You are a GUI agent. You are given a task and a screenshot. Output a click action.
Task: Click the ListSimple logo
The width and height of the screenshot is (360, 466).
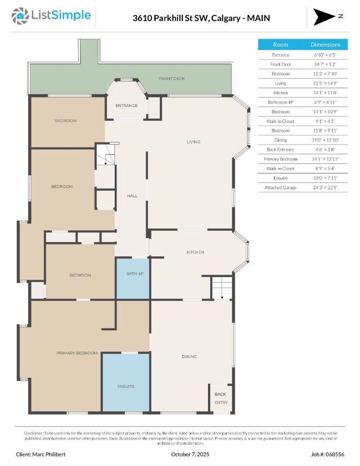(x=51, y=16)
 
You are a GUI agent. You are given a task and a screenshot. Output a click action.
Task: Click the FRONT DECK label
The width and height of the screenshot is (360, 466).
(x=171, y=79)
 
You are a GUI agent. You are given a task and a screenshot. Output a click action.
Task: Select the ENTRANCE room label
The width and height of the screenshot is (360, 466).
(x=126, y=105)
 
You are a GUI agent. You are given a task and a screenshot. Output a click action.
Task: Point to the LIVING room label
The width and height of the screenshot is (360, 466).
(x=193, y=142)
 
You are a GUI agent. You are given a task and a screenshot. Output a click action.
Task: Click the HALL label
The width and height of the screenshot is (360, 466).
(x=132, y=196)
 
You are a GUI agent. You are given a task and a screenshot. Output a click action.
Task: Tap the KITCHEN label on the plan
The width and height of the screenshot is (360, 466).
(x=195, y=252)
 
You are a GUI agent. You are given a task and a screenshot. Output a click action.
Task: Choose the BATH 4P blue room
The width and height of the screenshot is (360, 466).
(x=133, y=278)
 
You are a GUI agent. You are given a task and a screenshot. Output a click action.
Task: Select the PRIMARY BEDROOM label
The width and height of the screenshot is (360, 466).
(x=76, y=353)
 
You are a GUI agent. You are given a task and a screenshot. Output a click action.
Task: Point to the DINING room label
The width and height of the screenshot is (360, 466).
(x=189, y=356)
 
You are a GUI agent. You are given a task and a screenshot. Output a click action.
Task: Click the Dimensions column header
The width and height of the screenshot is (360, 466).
(x=325, y=44)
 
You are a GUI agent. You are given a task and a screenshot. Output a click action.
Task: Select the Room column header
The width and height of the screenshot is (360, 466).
(x=280, y=44)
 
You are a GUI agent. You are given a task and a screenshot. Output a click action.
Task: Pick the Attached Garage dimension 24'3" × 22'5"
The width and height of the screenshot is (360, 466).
(x=325, y=187)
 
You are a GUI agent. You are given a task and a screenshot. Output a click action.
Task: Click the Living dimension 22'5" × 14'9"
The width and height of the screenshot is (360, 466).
(x=325, y=83)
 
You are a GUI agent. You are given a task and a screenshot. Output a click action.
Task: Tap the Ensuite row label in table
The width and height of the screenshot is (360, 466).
(x=280, y=178)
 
